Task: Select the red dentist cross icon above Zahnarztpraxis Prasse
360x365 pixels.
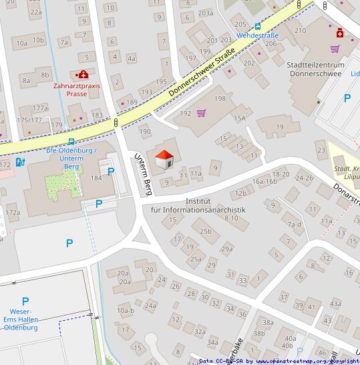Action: pyautogui.click(x=83, y=75)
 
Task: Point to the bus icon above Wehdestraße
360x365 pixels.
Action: pyautogui.click(x=258, y=25)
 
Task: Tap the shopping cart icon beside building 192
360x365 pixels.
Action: pyautogui.click(x=201, y=113)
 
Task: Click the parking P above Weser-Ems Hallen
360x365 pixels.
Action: pyautogui.click(x=25, y=301)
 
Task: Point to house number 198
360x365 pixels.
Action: pyautogui.click(x=220, y=99)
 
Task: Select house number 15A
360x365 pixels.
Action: pyautogui.click(x=240, y=118)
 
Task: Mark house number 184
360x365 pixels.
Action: pyautogui.click(x=96, y=178)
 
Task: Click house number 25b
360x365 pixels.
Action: pyautogui.click(x=206, y=232)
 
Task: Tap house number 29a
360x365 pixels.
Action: pyautogui.click(x=227, y=249)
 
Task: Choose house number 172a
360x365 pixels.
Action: pyautogui.click(x=13, y=213)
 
